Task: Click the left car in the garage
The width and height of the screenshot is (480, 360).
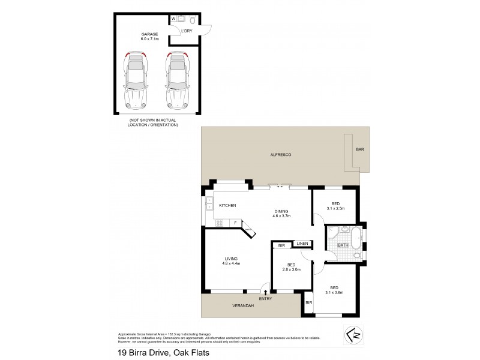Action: coord(136,81)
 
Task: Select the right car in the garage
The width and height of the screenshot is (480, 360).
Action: coord(177,81)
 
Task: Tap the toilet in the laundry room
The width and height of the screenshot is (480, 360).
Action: coord(192,19)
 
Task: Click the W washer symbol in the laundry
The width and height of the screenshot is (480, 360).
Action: coord(173,19)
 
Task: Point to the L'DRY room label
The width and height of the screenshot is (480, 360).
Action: coord(186,29)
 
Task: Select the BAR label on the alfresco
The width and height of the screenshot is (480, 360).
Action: coord(360,149)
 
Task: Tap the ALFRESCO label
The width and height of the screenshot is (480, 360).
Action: coord(281,155)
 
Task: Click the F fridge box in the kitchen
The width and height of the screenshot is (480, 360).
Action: coord(235,223)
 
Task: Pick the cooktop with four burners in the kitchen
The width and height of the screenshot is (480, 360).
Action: coord(219,223)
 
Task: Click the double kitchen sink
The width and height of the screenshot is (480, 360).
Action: coord(209,205)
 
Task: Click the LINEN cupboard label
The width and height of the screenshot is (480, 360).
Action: coord(302,244)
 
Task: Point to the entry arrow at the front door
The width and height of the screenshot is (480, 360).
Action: coord(265,292)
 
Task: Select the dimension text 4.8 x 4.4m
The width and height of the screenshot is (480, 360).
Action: coord(232,263)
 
